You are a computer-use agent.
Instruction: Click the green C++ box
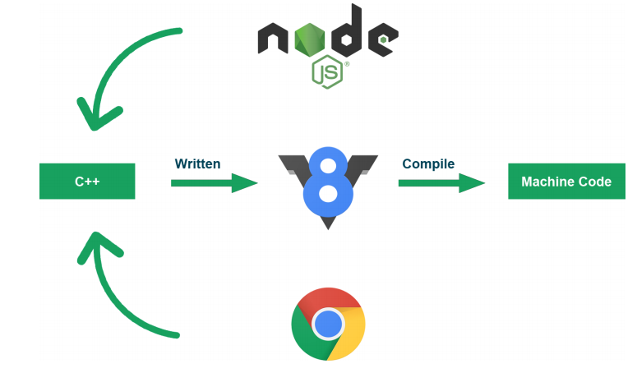point(87,181)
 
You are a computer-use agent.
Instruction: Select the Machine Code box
point(566,182)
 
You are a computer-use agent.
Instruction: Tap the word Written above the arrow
point(197,163)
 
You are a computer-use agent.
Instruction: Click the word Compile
point(428,163)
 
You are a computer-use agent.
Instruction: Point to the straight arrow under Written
point(214,182)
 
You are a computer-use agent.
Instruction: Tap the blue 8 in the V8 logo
point(327,181)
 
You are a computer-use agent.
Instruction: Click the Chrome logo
point(328,324)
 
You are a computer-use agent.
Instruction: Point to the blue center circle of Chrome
point(328,324)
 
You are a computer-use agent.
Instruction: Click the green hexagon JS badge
point(327,72)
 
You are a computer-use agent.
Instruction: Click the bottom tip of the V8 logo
point(327,223)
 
